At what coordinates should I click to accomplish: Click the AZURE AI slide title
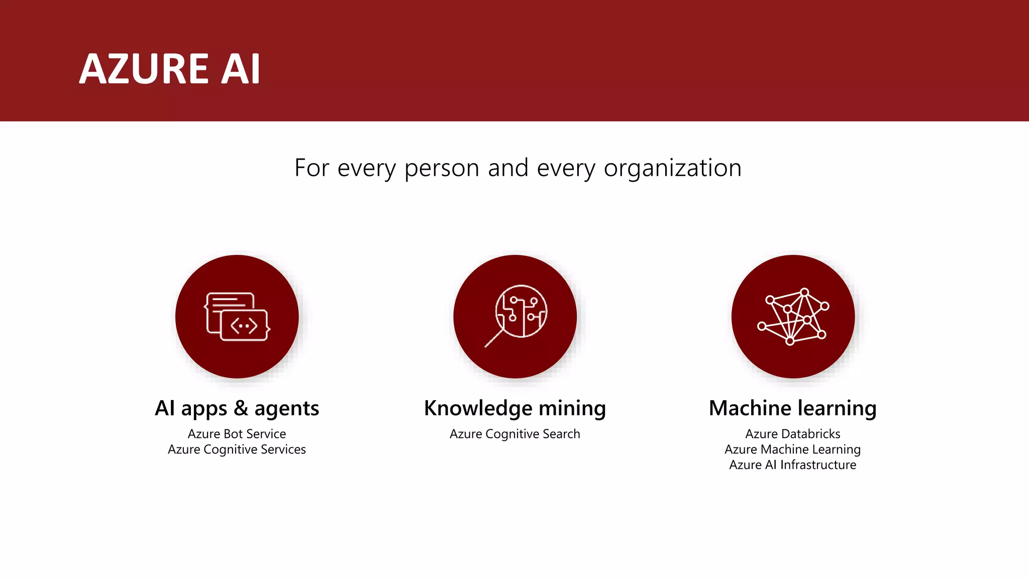point(170,69)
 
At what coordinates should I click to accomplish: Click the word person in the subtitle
point(442,168)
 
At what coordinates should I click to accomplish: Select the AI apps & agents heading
point(237,408)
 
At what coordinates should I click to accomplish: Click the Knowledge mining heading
point(514,408)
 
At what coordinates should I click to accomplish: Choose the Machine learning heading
point(792,408)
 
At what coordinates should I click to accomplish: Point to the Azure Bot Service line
point(237,434)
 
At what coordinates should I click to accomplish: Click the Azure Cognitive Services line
point(237,449)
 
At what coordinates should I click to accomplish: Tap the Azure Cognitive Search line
point(514,434)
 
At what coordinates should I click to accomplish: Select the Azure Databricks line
point(792,434)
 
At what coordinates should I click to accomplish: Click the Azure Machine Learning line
point(792,449)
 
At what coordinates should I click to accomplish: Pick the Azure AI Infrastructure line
point(792,465)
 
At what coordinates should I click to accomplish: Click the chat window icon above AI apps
point(237,317)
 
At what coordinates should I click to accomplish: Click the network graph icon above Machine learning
point(793,317)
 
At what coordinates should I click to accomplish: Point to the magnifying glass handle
point(494,338)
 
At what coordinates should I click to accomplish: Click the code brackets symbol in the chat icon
point(244,326)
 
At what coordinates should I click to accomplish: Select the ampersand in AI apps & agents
point(241,408)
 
